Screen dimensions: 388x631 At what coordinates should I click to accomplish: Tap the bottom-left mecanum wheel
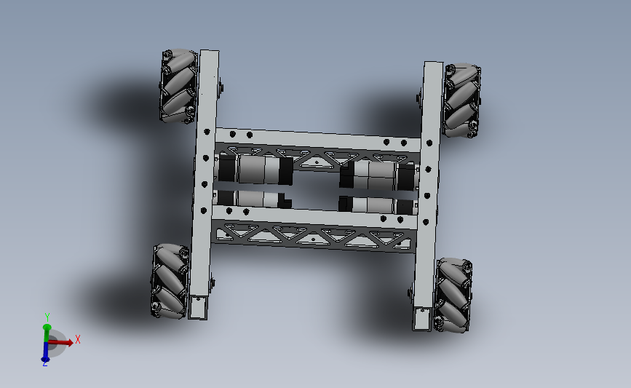[170, 280]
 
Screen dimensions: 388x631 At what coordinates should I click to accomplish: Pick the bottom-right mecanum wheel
[453, 294]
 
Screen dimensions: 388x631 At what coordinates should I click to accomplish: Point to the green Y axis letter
[47, 317]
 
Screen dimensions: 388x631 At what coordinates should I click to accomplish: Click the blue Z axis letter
[44, 363]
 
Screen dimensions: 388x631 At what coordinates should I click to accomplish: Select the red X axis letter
[77, 339]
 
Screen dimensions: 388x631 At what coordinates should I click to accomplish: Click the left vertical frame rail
[205, 182]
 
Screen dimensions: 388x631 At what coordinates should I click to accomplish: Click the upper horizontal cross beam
[317, 138]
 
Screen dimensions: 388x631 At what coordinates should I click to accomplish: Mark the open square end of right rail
[421, 318]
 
